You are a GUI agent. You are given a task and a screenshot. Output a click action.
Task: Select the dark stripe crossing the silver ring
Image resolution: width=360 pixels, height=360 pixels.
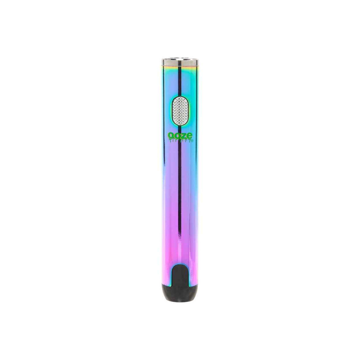click(x=180, y=61)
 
